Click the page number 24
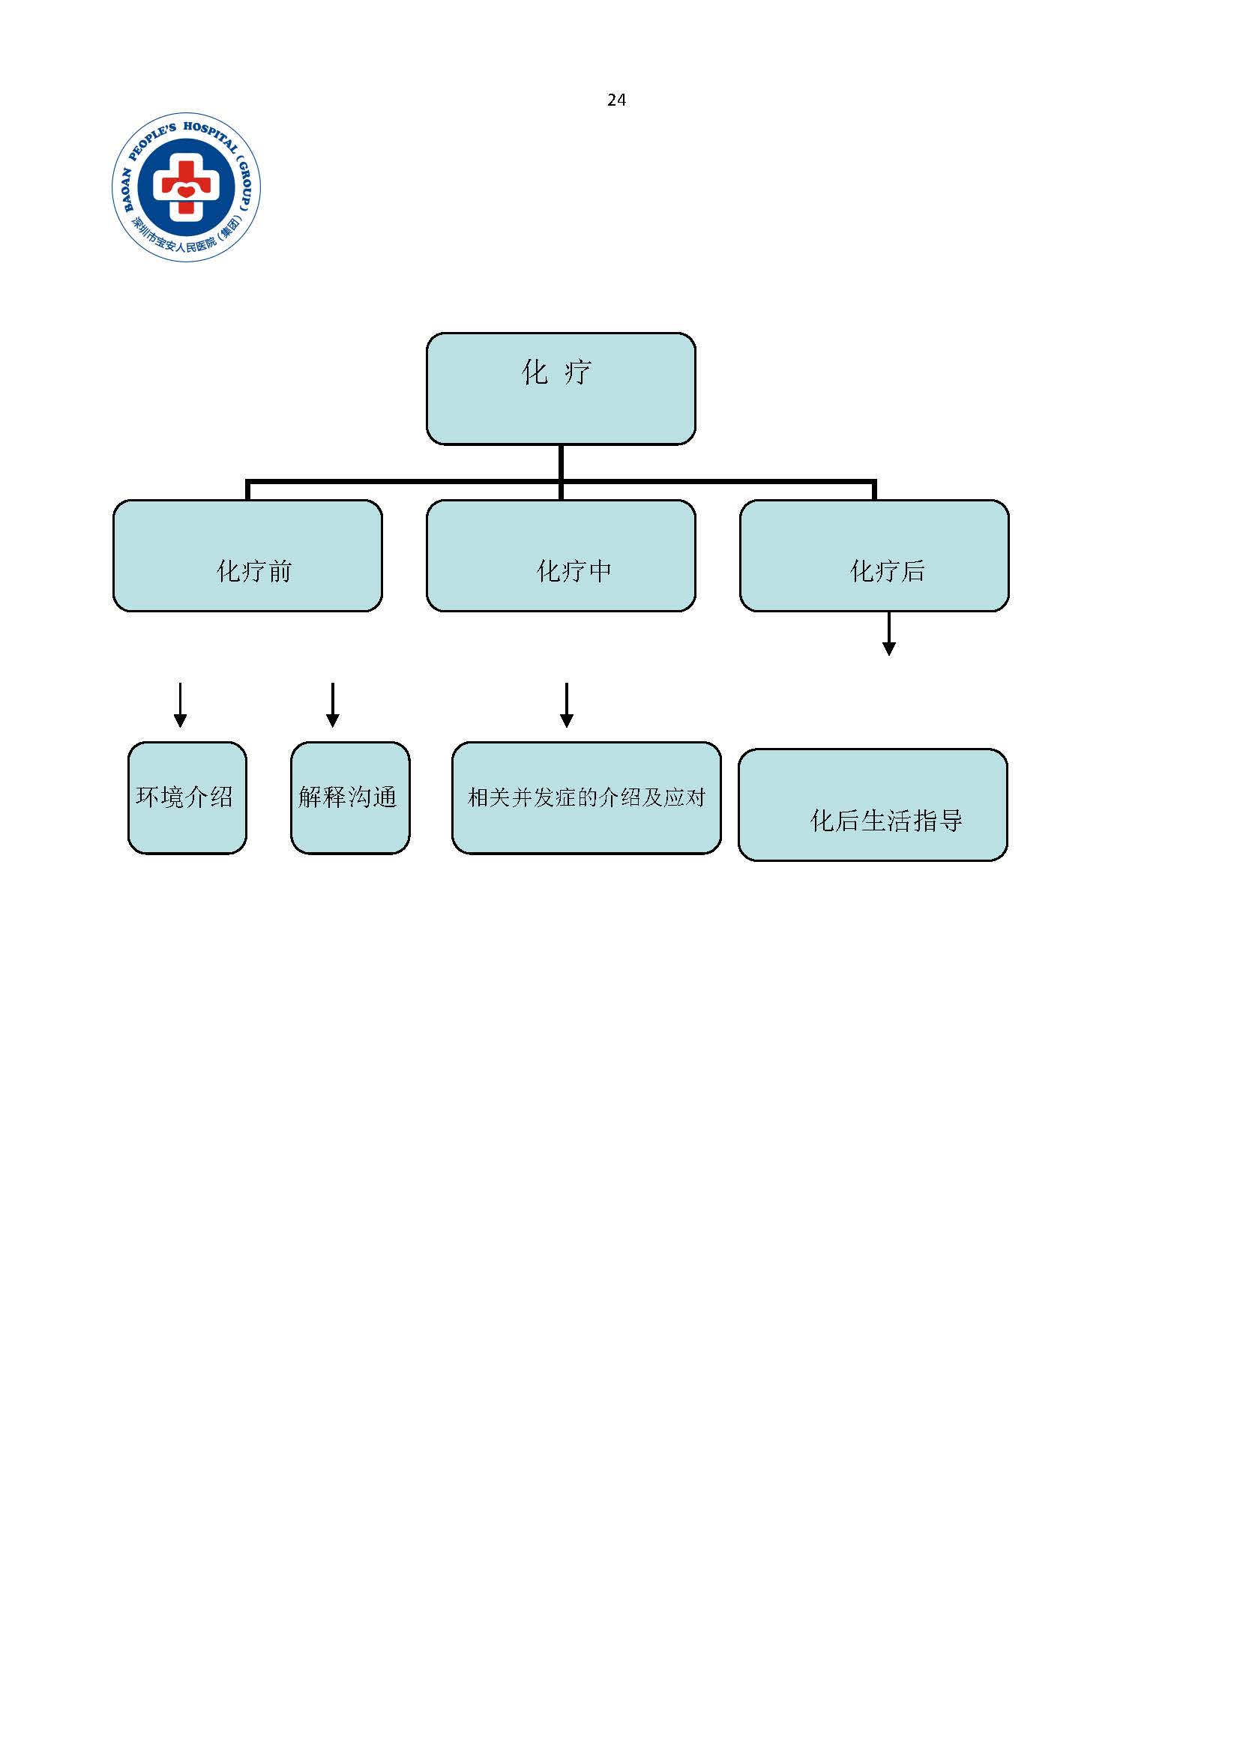(x=616, y=100)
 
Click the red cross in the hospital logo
(x=186, y=187)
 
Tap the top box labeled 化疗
(x=561, y=388)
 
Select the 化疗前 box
(x=247, y=555)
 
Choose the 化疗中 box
(x=561, y=555)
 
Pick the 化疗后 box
(x=874, y=555)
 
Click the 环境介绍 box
(x=187, y=797)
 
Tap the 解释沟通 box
(x=349, y=797)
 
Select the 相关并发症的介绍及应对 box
(x=586, y=797)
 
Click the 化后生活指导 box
(x=873, y=805)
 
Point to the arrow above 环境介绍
(x=180, y=705)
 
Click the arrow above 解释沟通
(x=332, y=705)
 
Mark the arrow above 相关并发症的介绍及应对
(x=566, y=705)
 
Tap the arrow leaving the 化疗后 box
(x=888, y=633)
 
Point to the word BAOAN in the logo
(x=125, y=189)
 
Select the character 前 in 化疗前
(x=280, y=571)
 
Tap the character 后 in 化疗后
(x=912, y=571)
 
